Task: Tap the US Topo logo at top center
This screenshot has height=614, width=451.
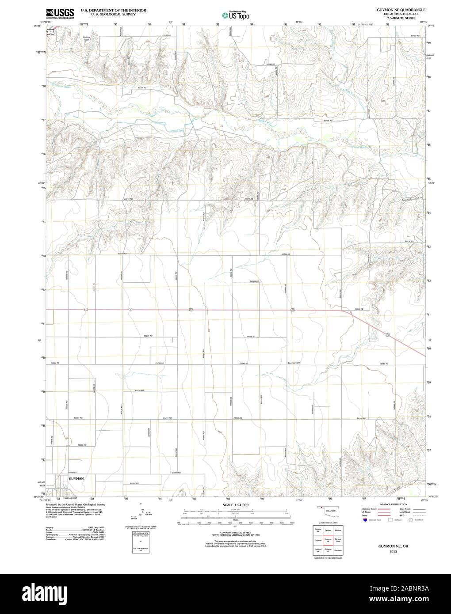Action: [x=235, y=15]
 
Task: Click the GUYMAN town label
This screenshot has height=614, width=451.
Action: [x=76, y=478]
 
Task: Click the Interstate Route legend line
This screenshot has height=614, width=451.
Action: [x=384, y=509]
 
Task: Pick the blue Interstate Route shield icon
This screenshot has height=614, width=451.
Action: [x=364, y=520]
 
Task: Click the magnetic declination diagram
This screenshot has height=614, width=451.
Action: [x=141, y=512]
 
